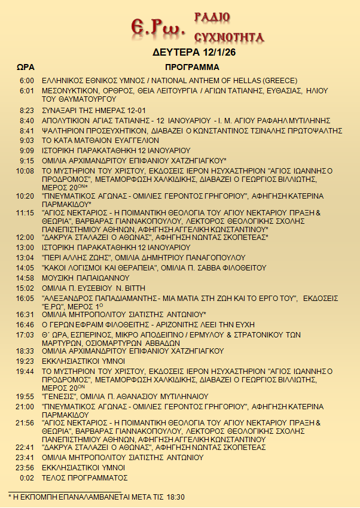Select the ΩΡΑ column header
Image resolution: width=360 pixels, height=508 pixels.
(25, 67)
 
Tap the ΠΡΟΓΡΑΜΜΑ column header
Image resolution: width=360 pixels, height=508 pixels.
(192, 67)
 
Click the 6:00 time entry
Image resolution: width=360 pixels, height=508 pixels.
(26, 81)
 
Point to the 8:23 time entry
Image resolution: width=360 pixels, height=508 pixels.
(26, 110)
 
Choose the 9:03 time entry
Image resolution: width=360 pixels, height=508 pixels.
(26, 139)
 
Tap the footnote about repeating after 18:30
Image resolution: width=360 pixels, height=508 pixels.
(96, 497)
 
